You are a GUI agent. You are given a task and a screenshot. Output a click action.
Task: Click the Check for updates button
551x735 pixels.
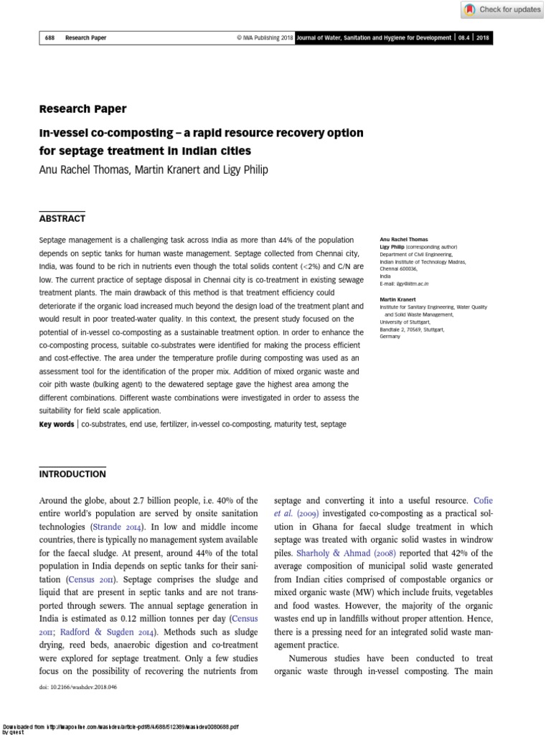502,9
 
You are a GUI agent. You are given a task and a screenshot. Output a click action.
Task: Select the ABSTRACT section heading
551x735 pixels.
62,218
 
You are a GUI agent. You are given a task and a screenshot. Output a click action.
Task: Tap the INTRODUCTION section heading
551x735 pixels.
72,474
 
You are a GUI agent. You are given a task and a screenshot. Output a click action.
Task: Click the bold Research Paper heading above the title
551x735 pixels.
83,109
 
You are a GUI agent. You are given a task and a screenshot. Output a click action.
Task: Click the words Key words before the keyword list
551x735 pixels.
57,425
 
